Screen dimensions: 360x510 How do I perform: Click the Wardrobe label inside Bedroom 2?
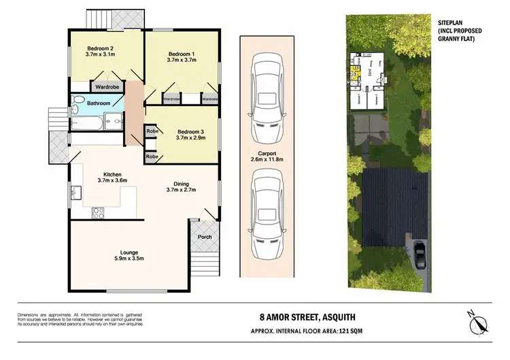coord(107,87)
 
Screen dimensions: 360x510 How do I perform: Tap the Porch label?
coord(204,237)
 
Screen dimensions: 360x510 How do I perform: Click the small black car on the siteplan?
coord(420,255)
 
